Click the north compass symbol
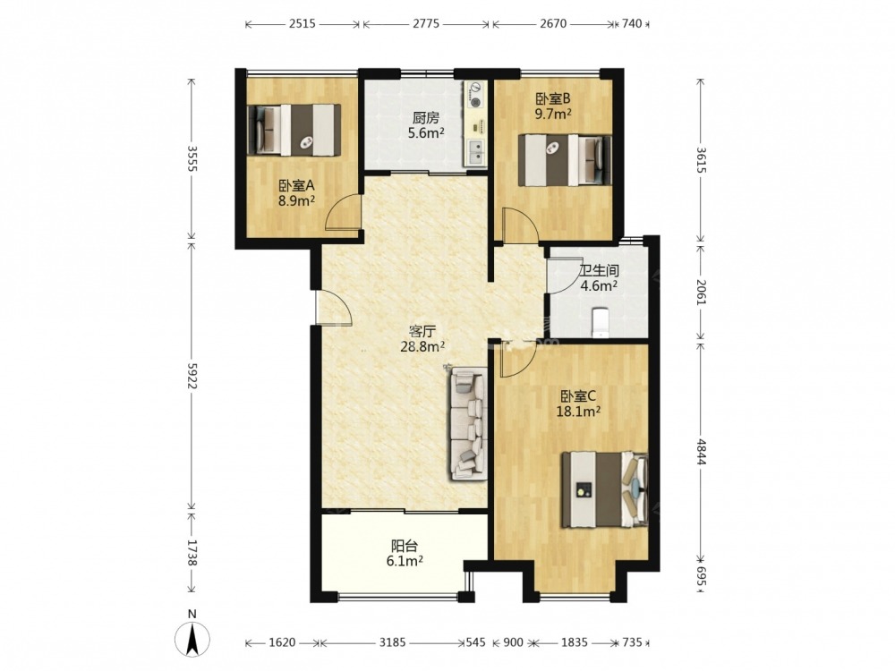(193, 634)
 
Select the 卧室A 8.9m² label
(297, 193)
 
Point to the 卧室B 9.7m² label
(553, 106)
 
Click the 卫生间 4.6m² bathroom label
(599, 278)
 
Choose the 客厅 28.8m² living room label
(423, 339)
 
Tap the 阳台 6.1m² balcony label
(405, 554)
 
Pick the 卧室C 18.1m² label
(578, 403)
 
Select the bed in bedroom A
(294, 130)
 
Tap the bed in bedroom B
(565, 160)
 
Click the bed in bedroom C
(605, 489)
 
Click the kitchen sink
(476, 152)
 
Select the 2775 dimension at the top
(426, 24)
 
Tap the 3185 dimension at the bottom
(392, 642)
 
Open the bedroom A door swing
(344, 212)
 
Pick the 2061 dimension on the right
(702, 292)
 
